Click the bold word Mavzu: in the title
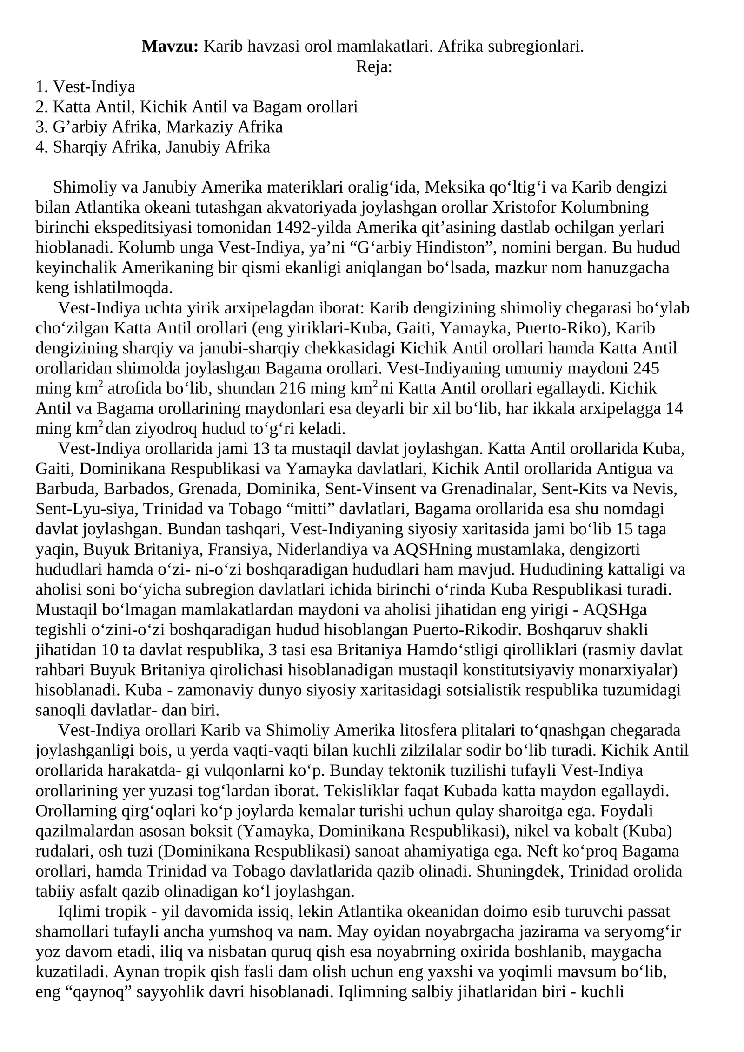pos(170,47)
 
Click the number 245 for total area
pos(646,368)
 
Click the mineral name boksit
pos(215,831)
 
